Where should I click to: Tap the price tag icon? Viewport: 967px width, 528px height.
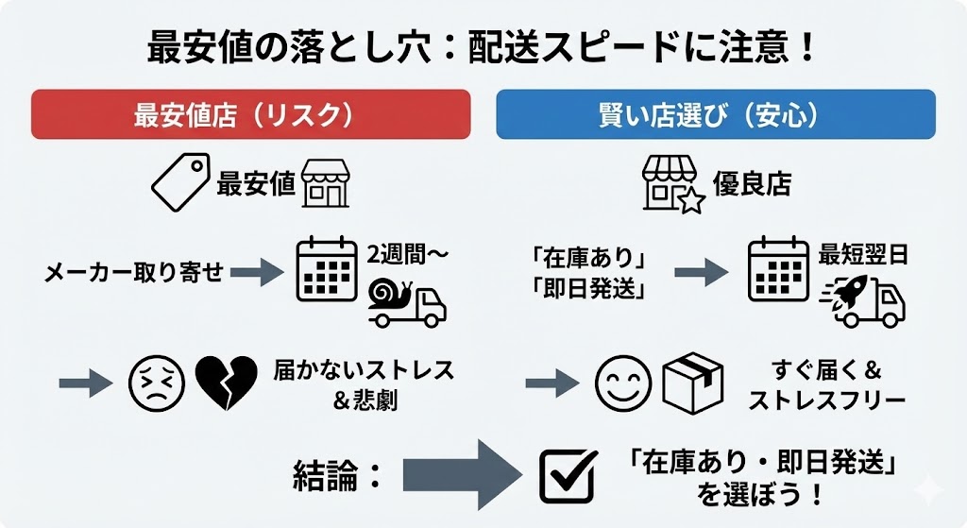[x=180, y=183]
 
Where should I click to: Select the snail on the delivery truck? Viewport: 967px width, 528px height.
[x=390, y=293]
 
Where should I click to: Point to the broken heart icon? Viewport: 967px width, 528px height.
[x=226, y=383]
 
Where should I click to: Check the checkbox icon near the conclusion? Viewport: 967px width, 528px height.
[x=568, y=475]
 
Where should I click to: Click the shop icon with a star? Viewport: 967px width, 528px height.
[x=674, y=183]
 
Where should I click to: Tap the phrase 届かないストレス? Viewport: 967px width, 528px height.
[x=364, y=368]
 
